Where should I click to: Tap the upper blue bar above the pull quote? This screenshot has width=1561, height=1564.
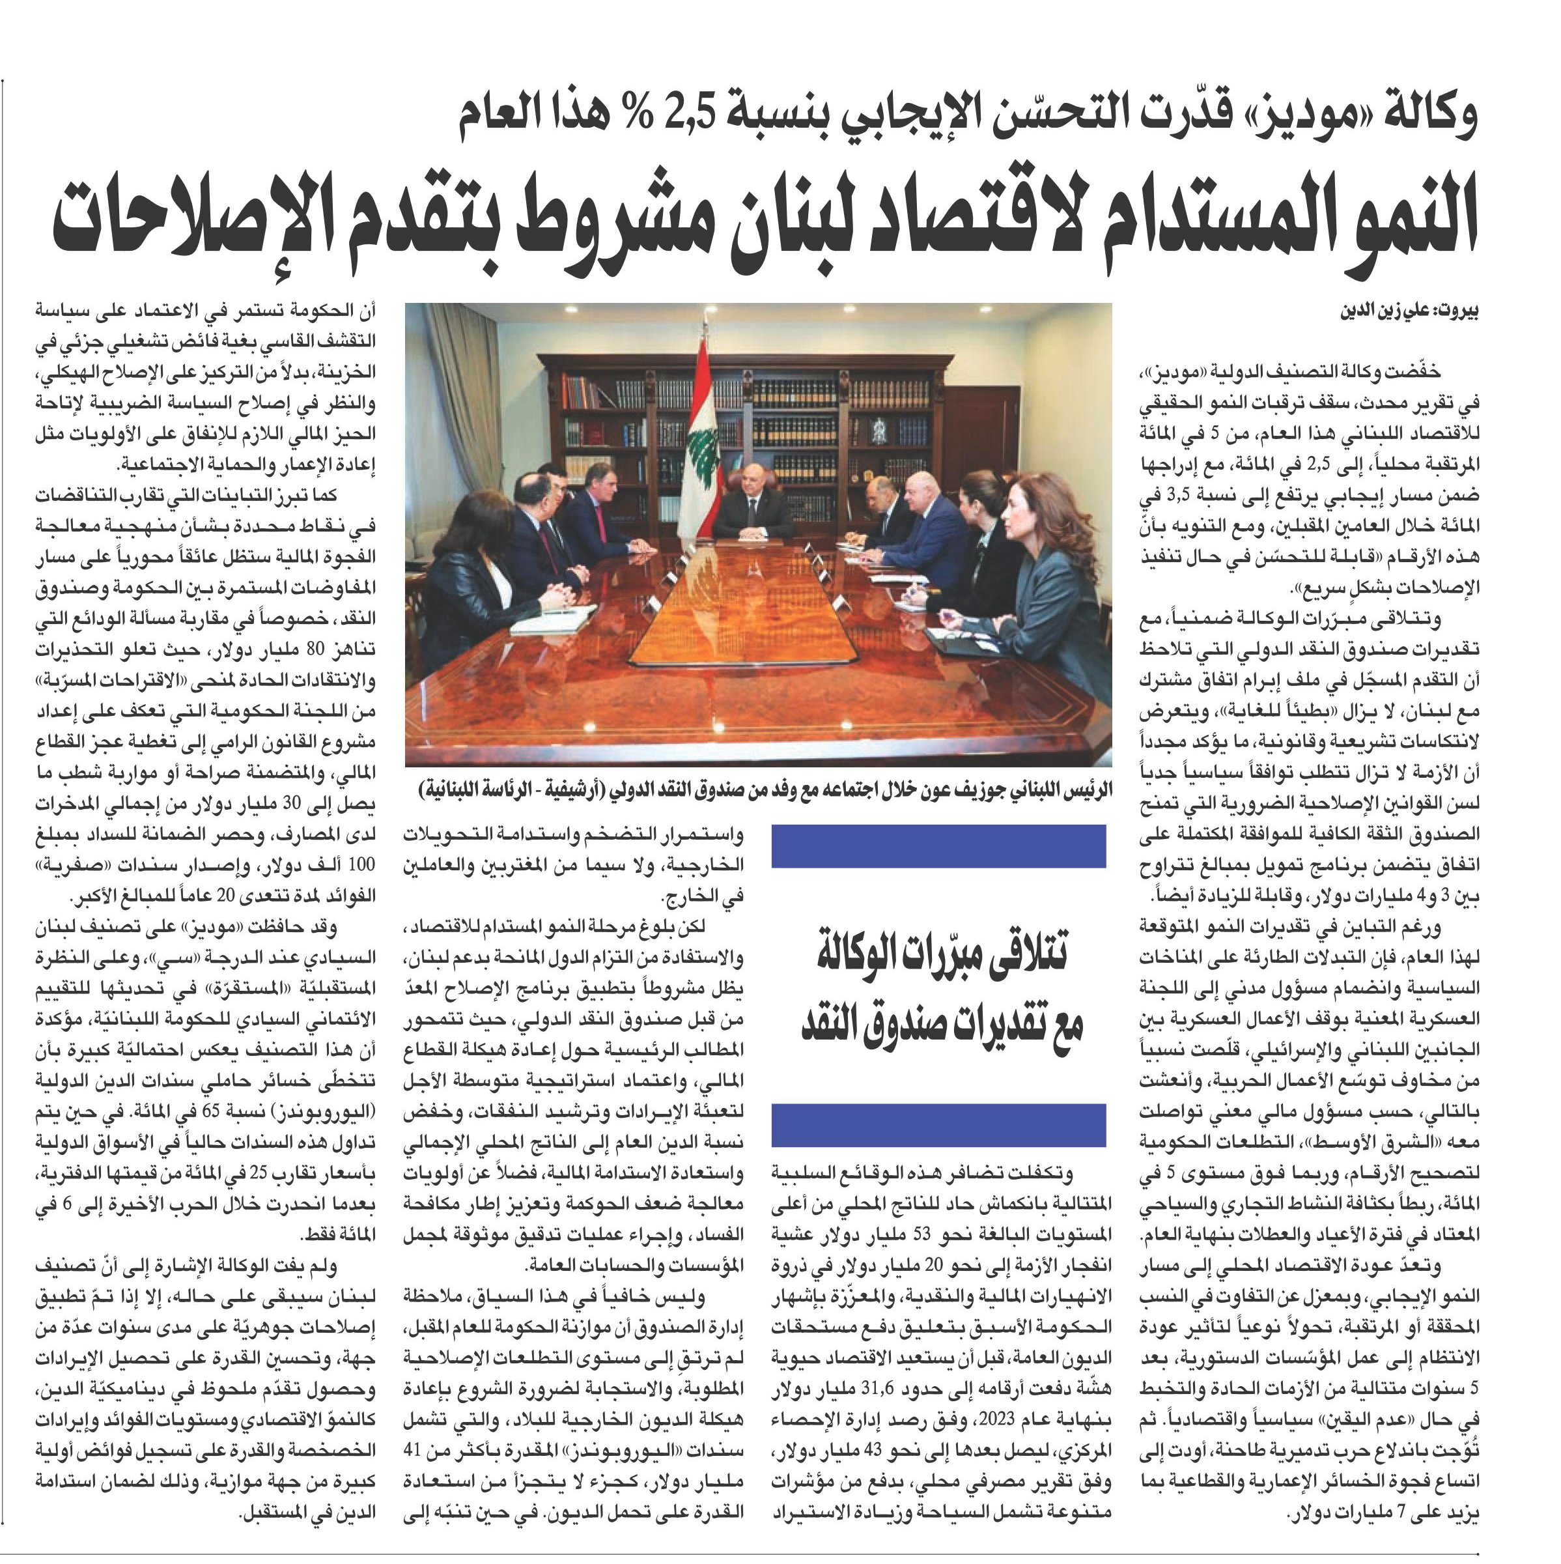938,846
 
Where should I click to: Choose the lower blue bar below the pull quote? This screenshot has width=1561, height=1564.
938,1124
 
